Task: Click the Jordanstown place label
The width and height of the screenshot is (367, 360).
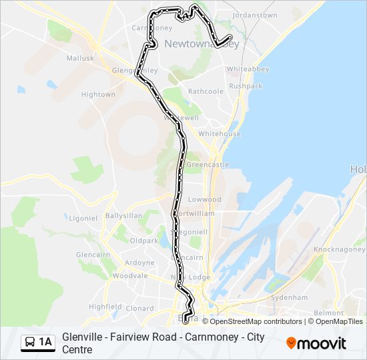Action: (x=254, y=15)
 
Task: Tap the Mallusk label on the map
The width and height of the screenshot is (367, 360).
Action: (x=80, y=58)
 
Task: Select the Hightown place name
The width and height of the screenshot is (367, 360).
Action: (x=98, y=95)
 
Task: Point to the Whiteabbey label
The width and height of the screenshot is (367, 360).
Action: (x=247, y=69)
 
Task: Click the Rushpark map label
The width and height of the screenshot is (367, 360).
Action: (x=246, y=86)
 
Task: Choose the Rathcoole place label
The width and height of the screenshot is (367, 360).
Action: (x=206, y=91)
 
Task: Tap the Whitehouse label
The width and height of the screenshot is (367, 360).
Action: (x=219, y=134)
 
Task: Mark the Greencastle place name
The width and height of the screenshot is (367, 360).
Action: (x=208, y=165)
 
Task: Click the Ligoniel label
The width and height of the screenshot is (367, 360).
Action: (x=83, y=218)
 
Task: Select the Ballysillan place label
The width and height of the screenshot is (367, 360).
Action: (x=123, y=216)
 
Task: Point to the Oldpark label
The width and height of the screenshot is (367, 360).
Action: (x=144, y=240)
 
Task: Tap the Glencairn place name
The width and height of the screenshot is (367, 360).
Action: (x=92, y=255)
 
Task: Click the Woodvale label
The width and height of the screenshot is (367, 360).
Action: (x=130, y=275)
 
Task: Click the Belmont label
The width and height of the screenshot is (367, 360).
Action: (x=328, y=313)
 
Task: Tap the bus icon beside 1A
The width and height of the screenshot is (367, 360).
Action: (x=31, y=343)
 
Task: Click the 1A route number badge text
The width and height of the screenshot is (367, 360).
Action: (x=45, y=343)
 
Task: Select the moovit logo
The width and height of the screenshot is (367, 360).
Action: (x=316, y=343)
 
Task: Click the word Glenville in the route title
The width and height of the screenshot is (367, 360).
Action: (x=82, y=337)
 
